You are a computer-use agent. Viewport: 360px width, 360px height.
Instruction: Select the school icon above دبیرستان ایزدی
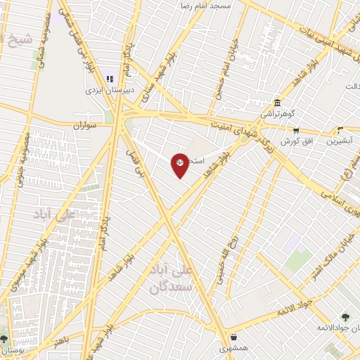point(110,78)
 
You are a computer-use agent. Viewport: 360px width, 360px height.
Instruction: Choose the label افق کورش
point(295,141)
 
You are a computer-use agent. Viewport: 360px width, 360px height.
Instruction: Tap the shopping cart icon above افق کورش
point(296,130)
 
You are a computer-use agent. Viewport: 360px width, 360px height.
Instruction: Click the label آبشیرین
point(340,141)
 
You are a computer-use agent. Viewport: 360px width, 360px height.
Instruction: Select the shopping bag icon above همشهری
point(233,337)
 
